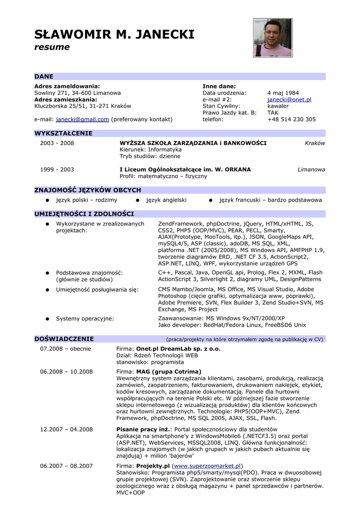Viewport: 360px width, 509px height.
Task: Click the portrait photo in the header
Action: [x=272, y=38]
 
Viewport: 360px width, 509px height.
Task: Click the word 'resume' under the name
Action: [x=52, y=47]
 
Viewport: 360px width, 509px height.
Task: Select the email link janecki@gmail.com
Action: [x=83, y=119]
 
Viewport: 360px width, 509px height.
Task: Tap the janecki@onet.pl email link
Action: [x=289, y=99]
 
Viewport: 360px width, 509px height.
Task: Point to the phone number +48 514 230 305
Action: [x=291, y=119]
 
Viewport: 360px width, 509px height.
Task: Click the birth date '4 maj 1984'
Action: [x=283, y=93]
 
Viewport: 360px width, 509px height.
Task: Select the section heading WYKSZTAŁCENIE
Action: [x=63, y=133]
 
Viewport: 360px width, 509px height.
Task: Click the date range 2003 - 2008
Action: [x=57, y=143]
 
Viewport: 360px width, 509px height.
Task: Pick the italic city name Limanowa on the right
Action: [x=311, y=170]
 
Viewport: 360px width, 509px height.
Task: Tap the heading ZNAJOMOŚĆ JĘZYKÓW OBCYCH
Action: [x=88, y=190]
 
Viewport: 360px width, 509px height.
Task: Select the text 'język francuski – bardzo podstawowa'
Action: [x=270, y=200]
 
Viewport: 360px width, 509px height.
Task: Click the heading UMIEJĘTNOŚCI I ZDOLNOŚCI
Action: [x=84, y=214]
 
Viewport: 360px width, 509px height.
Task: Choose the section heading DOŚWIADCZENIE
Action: [x=64, y=339]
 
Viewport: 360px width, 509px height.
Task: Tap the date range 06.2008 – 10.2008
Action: [x=66, y=372]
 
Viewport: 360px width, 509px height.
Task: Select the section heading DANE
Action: [x=44, y=77]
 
